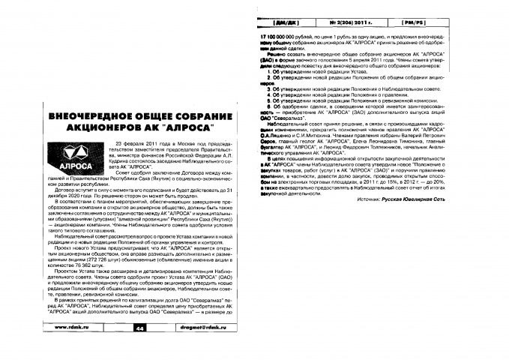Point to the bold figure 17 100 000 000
pos(283,36)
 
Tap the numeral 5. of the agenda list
pos(272,99)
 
